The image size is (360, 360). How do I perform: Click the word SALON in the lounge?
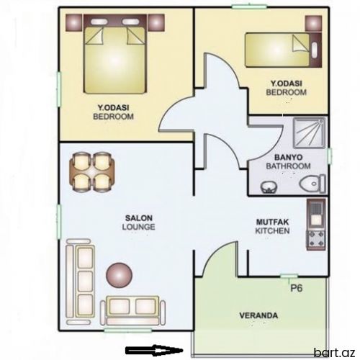click(139, 218)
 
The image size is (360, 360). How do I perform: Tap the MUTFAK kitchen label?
click(272, 222)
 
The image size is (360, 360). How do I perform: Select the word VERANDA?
click(258, 315)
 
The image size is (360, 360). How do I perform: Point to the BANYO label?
click(288, 158)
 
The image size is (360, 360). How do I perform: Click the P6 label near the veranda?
click(297, 288)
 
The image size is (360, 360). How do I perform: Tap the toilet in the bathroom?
click(312, 184)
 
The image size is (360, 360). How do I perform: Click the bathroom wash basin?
click(269, 187)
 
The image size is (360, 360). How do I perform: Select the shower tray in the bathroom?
click(309, 133)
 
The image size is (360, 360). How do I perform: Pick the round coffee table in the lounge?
click(120, 275)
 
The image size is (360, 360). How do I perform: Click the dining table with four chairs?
click(92, 172)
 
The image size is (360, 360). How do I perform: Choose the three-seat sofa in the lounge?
click(80, 282)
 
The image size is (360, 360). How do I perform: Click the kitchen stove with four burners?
click(316, 238)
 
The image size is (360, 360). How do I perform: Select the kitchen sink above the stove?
click(316, 214)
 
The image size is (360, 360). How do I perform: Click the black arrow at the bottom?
click(154, 351)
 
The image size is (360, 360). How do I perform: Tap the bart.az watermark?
click(335, 353)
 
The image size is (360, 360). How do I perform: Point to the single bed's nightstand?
click(313, 24)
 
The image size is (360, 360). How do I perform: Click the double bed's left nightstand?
click(74, 22)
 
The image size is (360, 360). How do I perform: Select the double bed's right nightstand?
click(156, 22)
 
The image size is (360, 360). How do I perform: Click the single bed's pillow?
click(314, 50)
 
